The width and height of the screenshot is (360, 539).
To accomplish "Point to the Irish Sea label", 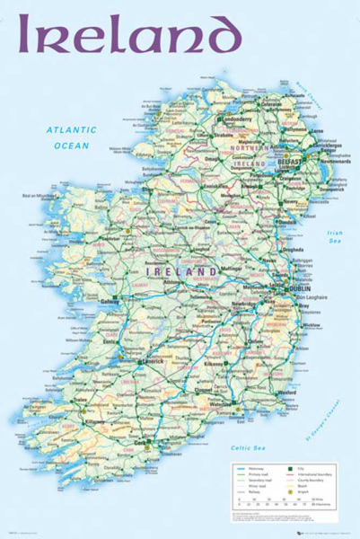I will tap(333, 237).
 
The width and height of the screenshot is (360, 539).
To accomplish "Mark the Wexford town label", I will tap(287, 393).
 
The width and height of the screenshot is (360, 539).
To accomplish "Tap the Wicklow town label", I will tap(311, 325).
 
